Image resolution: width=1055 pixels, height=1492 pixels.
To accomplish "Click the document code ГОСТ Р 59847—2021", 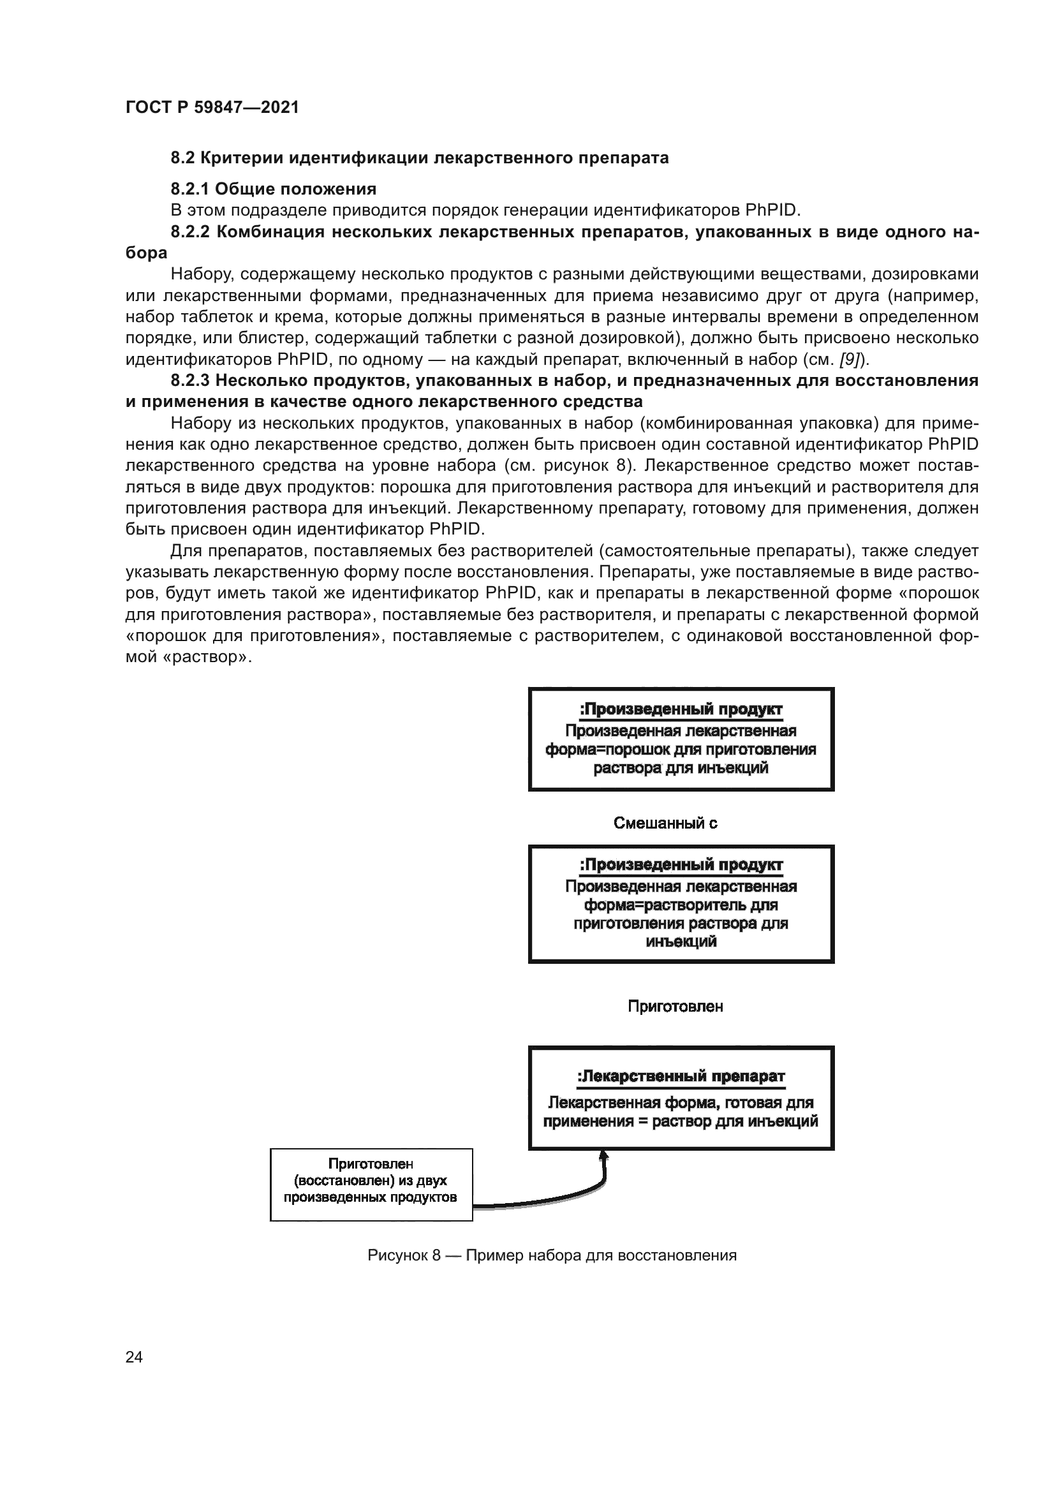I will click(x=212, y=107).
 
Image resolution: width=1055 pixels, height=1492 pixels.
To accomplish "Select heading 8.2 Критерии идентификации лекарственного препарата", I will click(x=419, y=158).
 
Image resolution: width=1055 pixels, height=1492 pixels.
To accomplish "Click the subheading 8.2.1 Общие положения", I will click(x=274, y=189).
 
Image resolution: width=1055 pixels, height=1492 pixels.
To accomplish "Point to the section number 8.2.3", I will click(x=189, y=380).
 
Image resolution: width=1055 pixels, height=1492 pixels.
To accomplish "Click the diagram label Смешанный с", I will click(x=665, y=824).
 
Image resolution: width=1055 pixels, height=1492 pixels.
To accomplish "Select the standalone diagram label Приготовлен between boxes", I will click(x=675, y=1007).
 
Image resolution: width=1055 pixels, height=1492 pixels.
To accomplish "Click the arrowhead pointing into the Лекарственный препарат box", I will click(x=603, y=1154).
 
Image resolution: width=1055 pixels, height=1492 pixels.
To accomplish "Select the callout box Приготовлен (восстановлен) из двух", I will click(x=371, y=1184).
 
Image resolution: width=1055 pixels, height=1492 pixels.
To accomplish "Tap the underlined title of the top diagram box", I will click(x=681, y=709).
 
